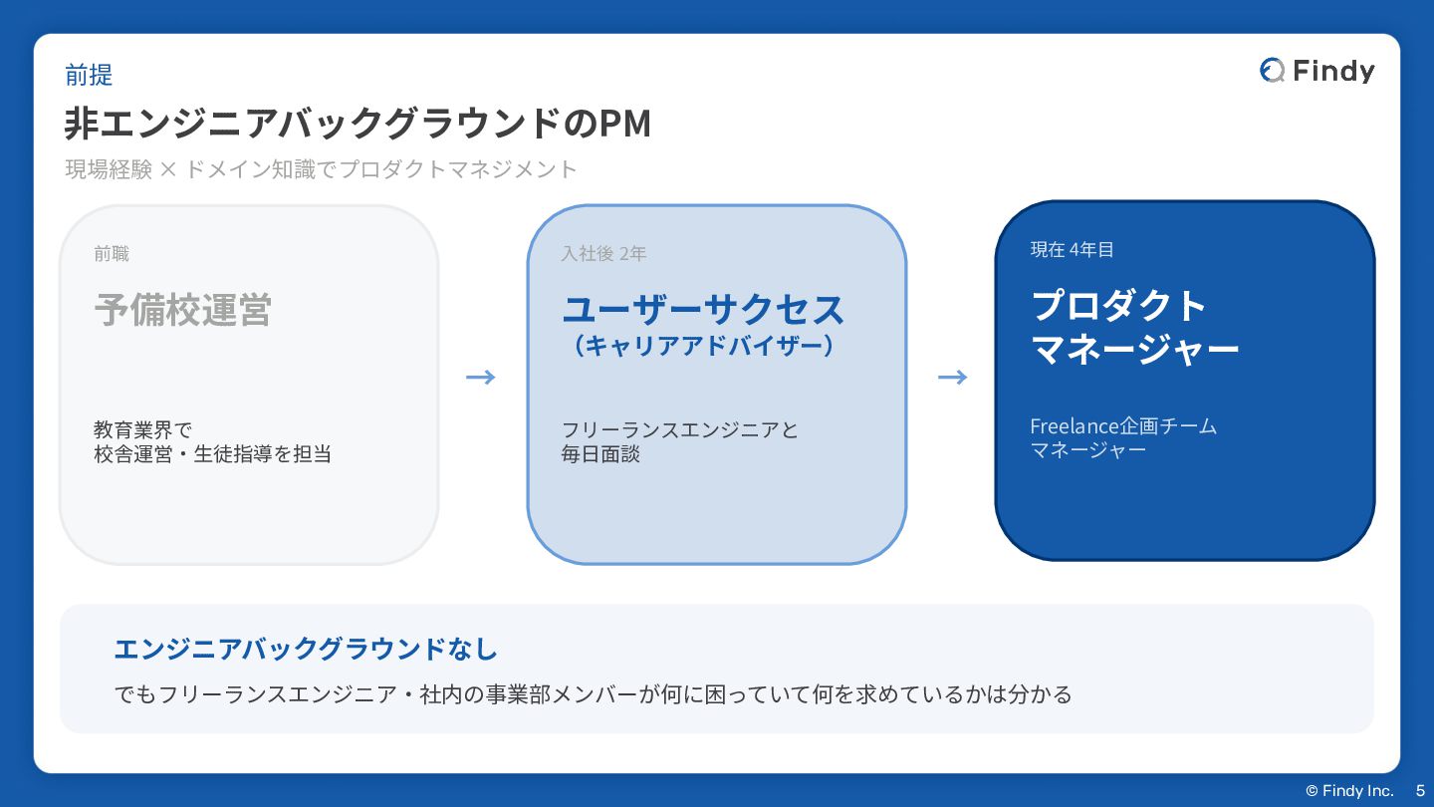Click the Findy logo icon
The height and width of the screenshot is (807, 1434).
point(1272,70)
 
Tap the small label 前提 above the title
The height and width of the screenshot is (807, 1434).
point(89,75)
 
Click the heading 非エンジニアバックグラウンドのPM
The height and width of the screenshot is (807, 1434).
point(358,124)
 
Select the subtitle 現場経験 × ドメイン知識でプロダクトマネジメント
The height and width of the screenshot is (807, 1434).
point(321,169)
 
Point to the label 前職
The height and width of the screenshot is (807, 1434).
point(112,254)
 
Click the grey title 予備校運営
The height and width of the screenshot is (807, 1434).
point(182,310)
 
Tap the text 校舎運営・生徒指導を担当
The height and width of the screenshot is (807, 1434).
point(212,454)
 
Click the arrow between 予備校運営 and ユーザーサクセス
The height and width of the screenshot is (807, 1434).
point(481,377)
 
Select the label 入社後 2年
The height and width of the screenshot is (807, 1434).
point(603,254)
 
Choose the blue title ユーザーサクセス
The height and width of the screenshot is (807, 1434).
point(703,310)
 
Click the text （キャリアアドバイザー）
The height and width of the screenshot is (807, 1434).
point(703,346)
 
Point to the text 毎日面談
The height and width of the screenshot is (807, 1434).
point(600,454)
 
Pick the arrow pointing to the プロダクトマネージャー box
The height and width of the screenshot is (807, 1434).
point(953,377)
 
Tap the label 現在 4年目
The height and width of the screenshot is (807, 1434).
point(1072,250)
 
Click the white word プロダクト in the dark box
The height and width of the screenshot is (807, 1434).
point(1119,305)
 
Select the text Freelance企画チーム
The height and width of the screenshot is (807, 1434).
point(1123,426)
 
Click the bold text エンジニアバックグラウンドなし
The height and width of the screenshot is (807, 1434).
point(306,650)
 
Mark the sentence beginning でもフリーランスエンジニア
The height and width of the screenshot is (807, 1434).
point(594,694)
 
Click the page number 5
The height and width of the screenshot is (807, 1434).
point(1420,791)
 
